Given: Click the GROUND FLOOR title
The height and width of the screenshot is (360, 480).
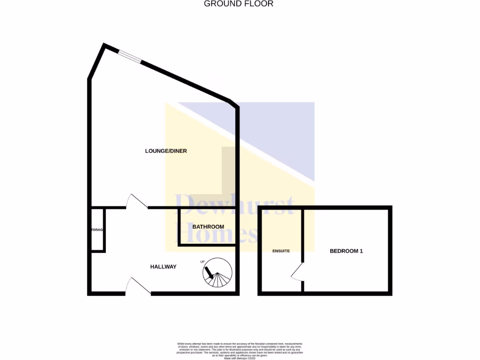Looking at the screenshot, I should (x=239, y=4).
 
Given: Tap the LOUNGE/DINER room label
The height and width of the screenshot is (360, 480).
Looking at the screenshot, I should (x=166, y=151).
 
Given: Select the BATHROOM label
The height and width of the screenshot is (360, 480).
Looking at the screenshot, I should (x=208, y=227).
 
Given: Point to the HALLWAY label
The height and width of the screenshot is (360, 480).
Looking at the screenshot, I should (x=163, y=267).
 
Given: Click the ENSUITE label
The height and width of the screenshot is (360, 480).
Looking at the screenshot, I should (x=281, y=251).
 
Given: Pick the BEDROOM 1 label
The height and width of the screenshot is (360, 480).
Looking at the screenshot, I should (x=346, y=251).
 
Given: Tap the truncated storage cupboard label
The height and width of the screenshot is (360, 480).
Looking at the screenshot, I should (x=97, y=230).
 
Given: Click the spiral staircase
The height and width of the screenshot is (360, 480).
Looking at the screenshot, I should (x=217, y=274).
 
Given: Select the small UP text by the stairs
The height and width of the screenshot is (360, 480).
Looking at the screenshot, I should (x=202, y=262).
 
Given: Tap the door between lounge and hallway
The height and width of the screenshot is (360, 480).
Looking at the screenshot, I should (x=137, y=202).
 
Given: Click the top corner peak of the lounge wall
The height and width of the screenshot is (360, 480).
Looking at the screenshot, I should (x=104, y=45).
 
